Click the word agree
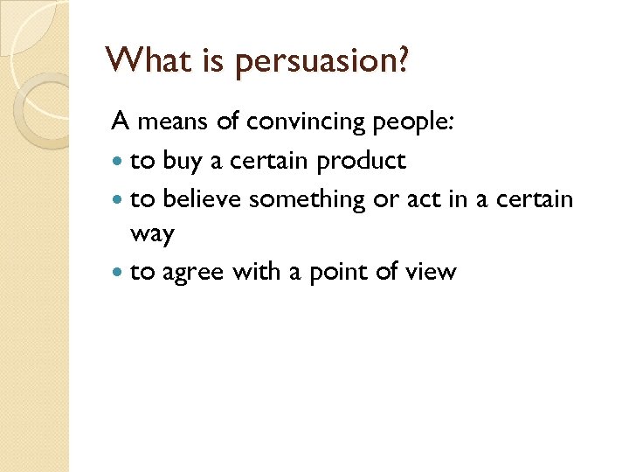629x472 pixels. tap(192, 274)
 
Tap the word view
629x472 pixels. tap(431, 273)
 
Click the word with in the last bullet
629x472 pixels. tap(256, 272)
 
